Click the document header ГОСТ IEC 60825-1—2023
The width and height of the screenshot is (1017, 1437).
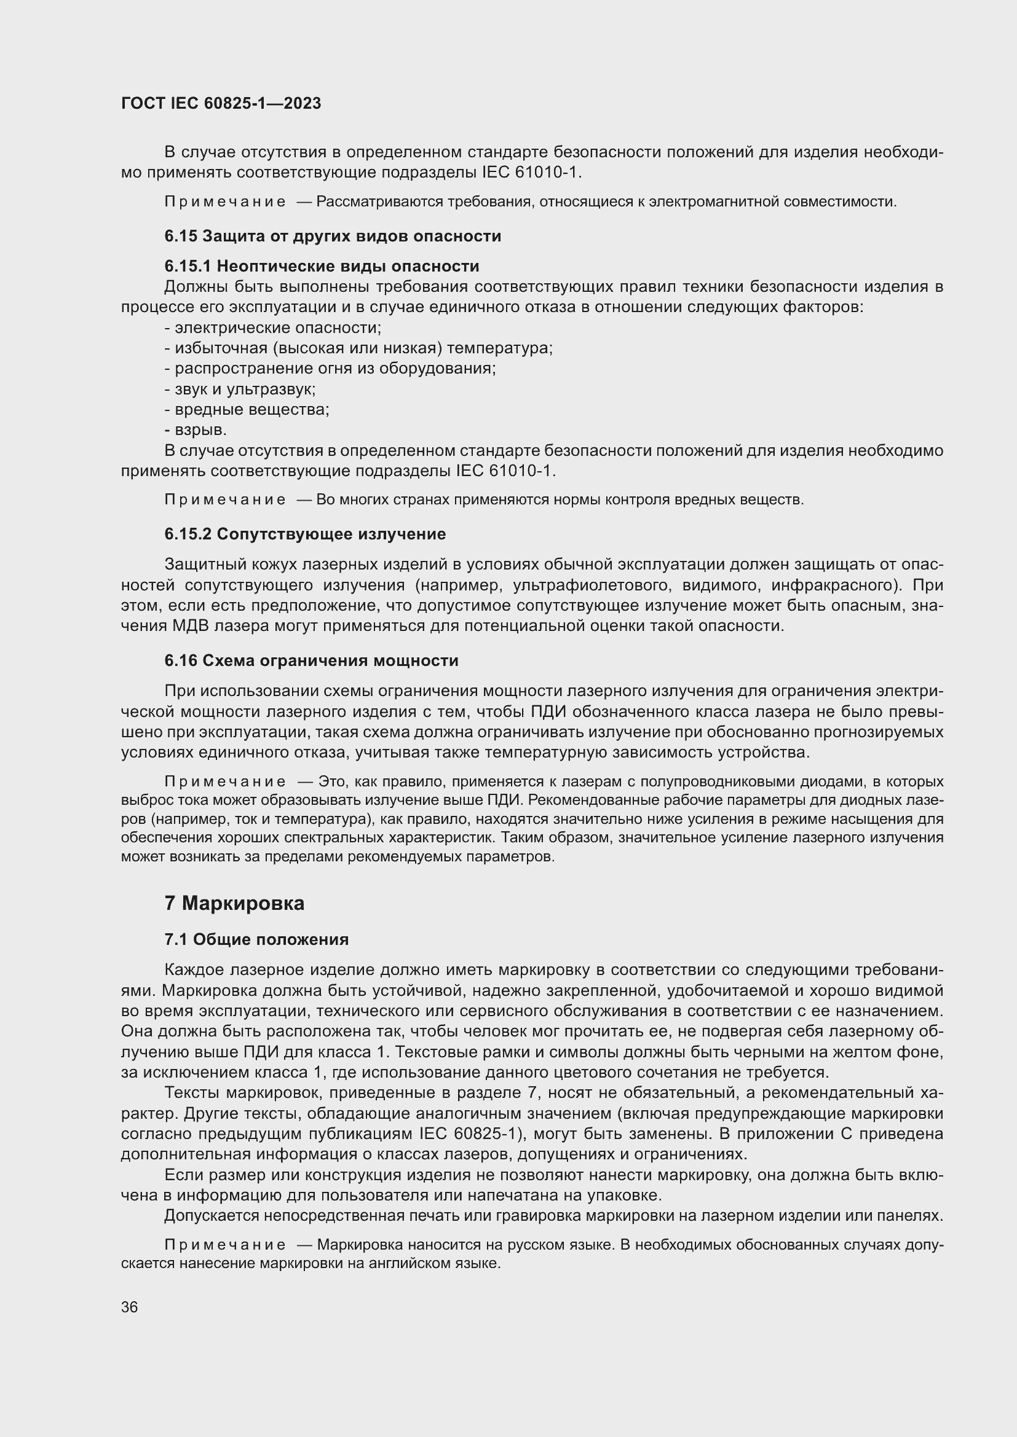click(x=221, y=104)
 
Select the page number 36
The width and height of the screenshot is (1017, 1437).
click(x=130, y=1307)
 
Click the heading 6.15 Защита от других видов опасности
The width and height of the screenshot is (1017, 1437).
click(x=333, y=236)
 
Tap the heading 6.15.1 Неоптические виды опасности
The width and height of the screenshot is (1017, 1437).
click(x=322, y=266)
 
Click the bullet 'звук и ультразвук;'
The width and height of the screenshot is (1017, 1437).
click(x=240, y=390)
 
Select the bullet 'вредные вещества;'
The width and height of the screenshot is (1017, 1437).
click(x=247, y=410)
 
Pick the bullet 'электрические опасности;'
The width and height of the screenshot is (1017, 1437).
click(x=273, y=328)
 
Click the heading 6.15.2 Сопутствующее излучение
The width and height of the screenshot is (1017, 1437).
click(x=305, y=534)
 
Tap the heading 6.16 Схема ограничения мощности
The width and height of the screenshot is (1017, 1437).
click(x=311, y=660)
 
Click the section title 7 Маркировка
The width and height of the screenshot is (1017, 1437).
click(x=234, y=903)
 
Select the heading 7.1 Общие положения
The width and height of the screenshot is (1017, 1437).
click(x=256, y=939)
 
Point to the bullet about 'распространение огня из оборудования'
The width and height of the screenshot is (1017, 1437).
click(x=331, y=369)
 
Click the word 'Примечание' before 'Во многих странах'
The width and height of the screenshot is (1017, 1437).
click(x=225, y=500)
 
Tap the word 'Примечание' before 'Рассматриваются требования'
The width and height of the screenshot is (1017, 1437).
click(x=225, y=202)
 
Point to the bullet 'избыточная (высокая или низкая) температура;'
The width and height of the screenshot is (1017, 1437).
click(x=359, y=348)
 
